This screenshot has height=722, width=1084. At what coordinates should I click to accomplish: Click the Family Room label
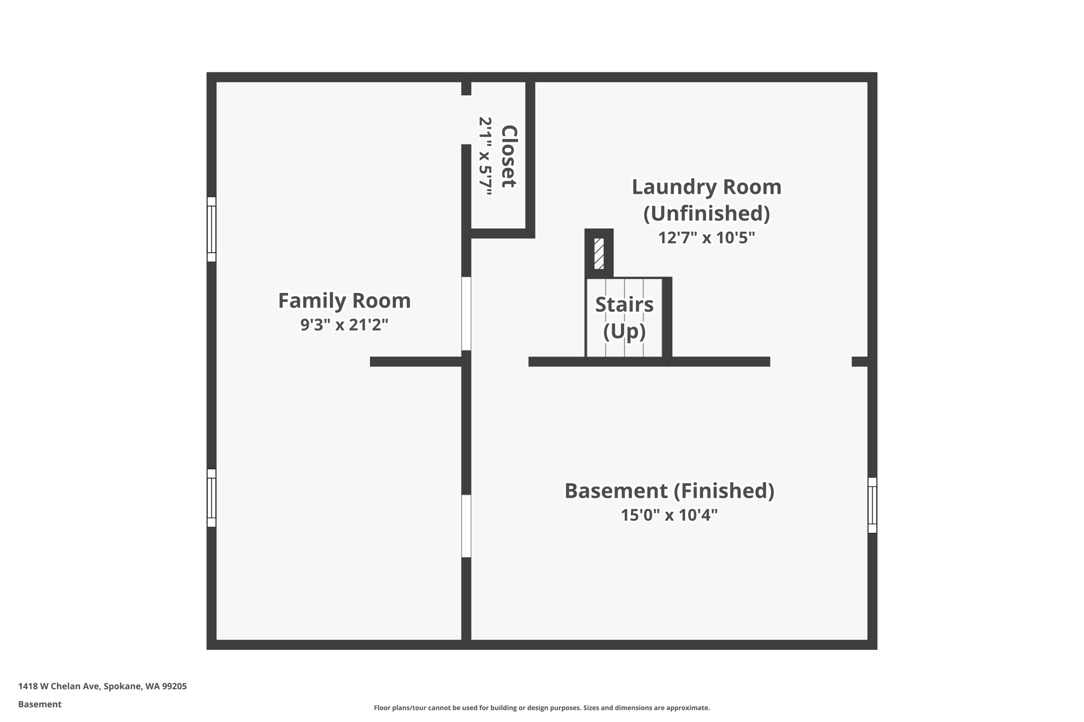tap(344, 300)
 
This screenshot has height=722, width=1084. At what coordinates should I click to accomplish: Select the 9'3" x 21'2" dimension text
tap(344, 324)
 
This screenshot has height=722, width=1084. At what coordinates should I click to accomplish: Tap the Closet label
tap(509, 157)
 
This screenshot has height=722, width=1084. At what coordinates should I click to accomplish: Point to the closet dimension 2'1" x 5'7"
tap(485, 157)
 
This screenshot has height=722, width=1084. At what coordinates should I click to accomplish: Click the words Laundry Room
tap(706, 187)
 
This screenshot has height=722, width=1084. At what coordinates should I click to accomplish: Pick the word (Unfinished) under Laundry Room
tap(706, 213)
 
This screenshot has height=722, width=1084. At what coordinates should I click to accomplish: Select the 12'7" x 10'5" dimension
tap(706, 237)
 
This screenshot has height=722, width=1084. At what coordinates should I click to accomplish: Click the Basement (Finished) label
tap(669, 490)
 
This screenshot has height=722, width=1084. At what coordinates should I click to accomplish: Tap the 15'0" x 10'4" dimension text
tap(669, 515)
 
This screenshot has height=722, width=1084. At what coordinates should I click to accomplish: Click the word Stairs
tap(624, 305)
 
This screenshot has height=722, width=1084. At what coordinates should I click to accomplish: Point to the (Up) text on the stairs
tap(624, 331)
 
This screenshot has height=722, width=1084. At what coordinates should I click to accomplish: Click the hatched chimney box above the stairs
tap(599, 254)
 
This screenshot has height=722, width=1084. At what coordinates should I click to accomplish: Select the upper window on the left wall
tap(211, 229)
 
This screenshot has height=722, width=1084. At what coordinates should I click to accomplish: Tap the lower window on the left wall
tap(211, 498)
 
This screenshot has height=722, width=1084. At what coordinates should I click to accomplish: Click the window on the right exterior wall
tap(872, 505)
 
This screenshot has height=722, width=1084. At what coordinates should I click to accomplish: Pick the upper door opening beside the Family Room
tap(466, 313)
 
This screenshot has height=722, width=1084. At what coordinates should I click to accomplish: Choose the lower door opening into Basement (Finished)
tap(466, 526)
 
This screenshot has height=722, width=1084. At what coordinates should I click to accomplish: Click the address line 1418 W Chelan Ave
tap(102, 686)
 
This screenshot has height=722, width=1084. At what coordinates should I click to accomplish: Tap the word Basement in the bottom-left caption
tap(40, 704)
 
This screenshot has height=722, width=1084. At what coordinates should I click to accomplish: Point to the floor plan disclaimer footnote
tap(541, 708)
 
